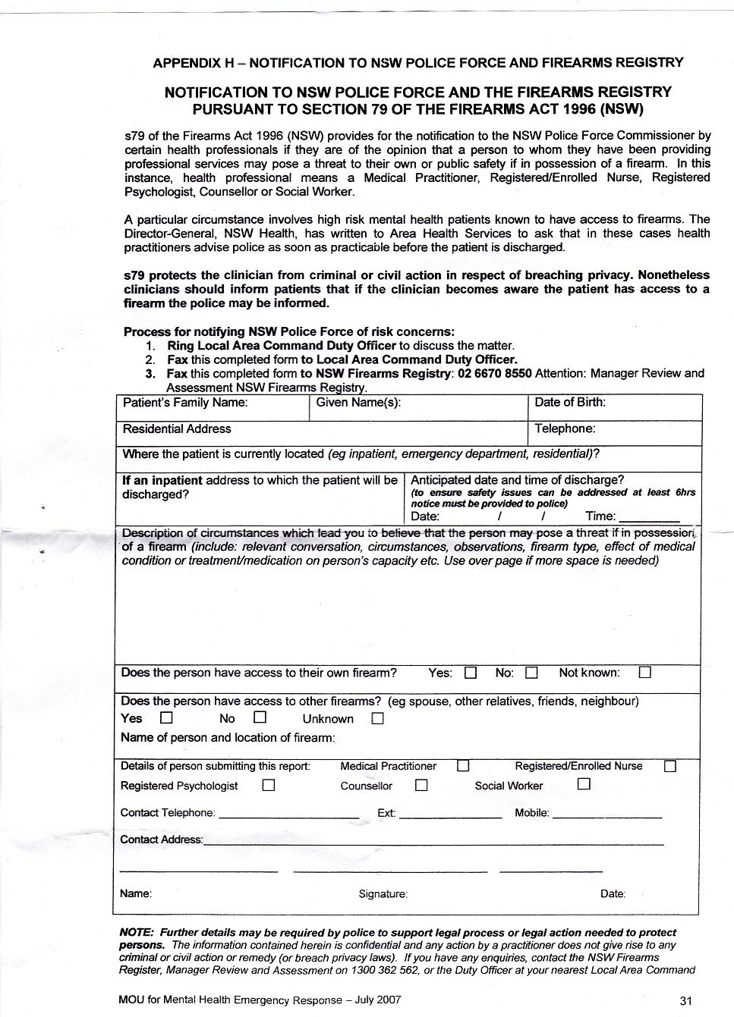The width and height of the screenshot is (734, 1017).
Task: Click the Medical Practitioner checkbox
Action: (x=463, y=766)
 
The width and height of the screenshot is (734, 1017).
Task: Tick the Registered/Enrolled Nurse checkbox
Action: (x=670, y=766)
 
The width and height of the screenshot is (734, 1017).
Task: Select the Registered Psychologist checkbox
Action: (x=268, y=786)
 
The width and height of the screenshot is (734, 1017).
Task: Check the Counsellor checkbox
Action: (x=421, y=786)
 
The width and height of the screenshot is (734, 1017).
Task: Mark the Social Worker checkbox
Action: (x=584, y=785)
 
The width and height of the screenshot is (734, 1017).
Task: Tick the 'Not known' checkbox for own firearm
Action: (x=645, y=673)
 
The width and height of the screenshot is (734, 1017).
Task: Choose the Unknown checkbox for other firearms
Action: (x=377, y=718)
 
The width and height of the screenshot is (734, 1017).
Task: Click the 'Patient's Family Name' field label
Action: (x=185, y=403)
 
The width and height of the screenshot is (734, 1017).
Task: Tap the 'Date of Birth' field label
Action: (x=570, y=402)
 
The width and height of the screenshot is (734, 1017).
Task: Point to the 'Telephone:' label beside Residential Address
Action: (x=565, y=428)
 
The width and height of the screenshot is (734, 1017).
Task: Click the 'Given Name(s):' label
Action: (x=358, y=403)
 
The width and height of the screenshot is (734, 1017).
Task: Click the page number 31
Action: (x=686, y=1000)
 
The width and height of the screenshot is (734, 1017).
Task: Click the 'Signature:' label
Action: (x=383, y=894)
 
